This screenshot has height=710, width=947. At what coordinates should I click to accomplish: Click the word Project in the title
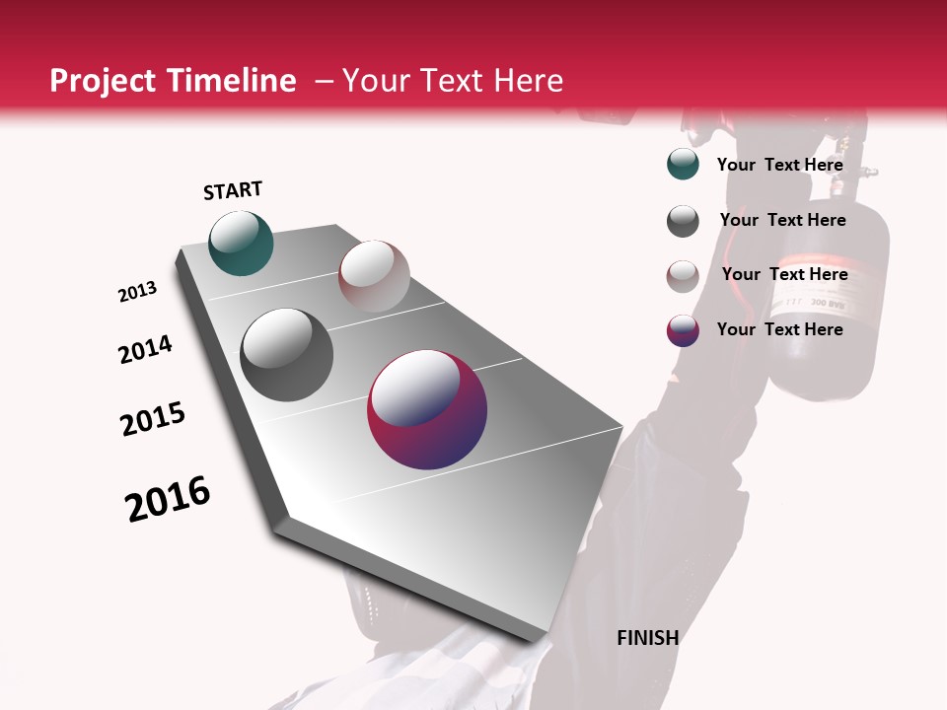coord(103,82)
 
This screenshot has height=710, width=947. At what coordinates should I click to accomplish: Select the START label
coord(233,190)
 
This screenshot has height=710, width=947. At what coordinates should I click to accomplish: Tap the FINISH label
coord(647,638)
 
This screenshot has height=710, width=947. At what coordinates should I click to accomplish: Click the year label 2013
coord(138,292)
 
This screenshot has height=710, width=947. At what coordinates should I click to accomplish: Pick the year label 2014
coord(145,349)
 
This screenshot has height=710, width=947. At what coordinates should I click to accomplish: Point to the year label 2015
coord(153,419)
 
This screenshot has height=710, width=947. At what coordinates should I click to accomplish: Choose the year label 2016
coord(168,499)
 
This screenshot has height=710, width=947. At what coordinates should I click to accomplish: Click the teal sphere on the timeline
coord(241,243)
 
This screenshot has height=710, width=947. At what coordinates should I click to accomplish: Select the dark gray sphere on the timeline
coord(286,355)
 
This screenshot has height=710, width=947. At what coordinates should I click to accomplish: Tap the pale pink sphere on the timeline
coord(374,276)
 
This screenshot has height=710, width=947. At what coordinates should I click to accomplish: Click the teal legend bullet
coord(683,165)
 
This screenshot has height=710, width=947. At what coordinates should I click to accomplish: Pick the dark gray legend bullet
coord(683,221)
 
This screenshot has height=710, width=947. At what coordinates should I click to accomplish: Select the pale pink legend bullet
coord(683,276)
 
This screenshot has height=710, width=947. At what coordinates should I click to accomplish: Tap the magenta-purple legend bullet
coord(683,330)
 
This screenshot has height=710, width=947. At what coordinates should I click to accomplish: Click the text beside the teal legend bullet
coord(779,165)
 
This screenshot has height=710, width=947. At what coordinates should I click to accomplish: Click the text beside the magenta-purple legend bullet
coord(779,329)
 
